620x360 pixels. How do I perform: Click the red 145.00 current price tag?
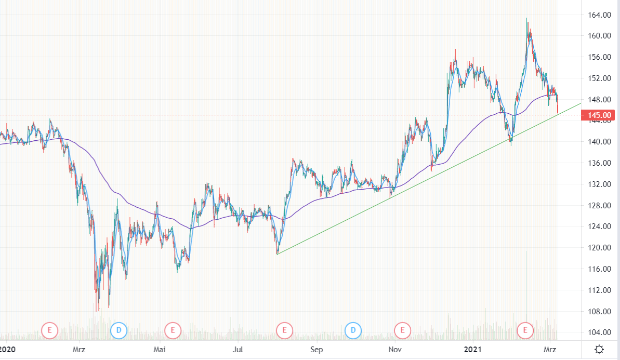pyautogui.click(x=599, y=114)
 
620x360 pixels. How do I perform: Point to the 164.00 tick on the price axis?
pyautogui.click(x=599, y=15)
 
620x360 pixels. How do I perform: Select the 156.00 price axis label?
pyautogui.click(x=599, y=57)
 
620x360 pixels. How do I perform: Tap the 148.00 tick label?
pyautogui.click(x=599, y=100)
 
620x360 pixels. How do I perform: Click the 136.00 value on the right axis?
pyautogui.click(x=599, y=163)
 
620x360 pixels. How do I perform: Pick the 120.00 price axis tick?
pyautogui.click(x=599, y=248)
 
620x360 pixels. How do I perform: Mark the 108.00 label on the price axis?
pyautogui.click(x=599, y=312)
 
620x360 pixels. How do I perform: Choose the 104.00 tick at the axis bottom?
pyautogui.click(x=599, y=332)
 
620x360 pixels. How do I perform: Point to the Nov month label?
pyautogui.click(x=395, y=350)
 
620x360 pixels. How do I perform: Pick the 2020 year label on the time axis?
pyautogui.click(x=7, y=350)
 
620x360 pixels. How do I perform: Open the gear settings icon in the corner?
pyautogui.click(x=599, y=349)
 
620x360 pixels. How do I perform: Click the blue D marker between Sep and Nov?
pyautogui.click(x=353, y=329)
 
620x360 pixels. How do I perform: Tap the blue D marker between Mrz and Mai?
pyautogui.click(x=119, y=329)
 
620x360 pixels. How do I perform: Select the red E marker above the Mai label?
pyautogui.click(x=172, y=329)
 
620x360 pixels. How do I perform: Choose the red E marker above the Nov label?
pyautogui.click(x=402, y=329)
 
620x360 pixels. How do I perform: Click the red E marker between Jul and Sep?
pyautogui.click(x=284, y=329)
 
